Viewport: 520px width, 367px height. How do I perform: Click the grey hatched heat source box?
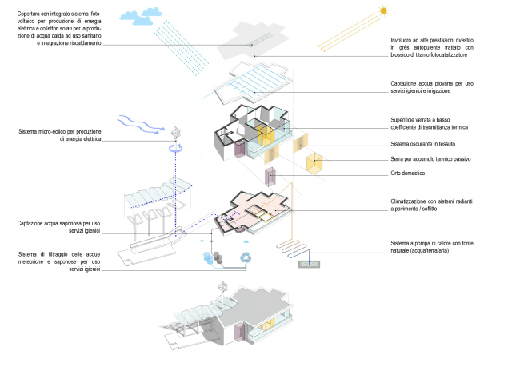click(309, 263)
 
